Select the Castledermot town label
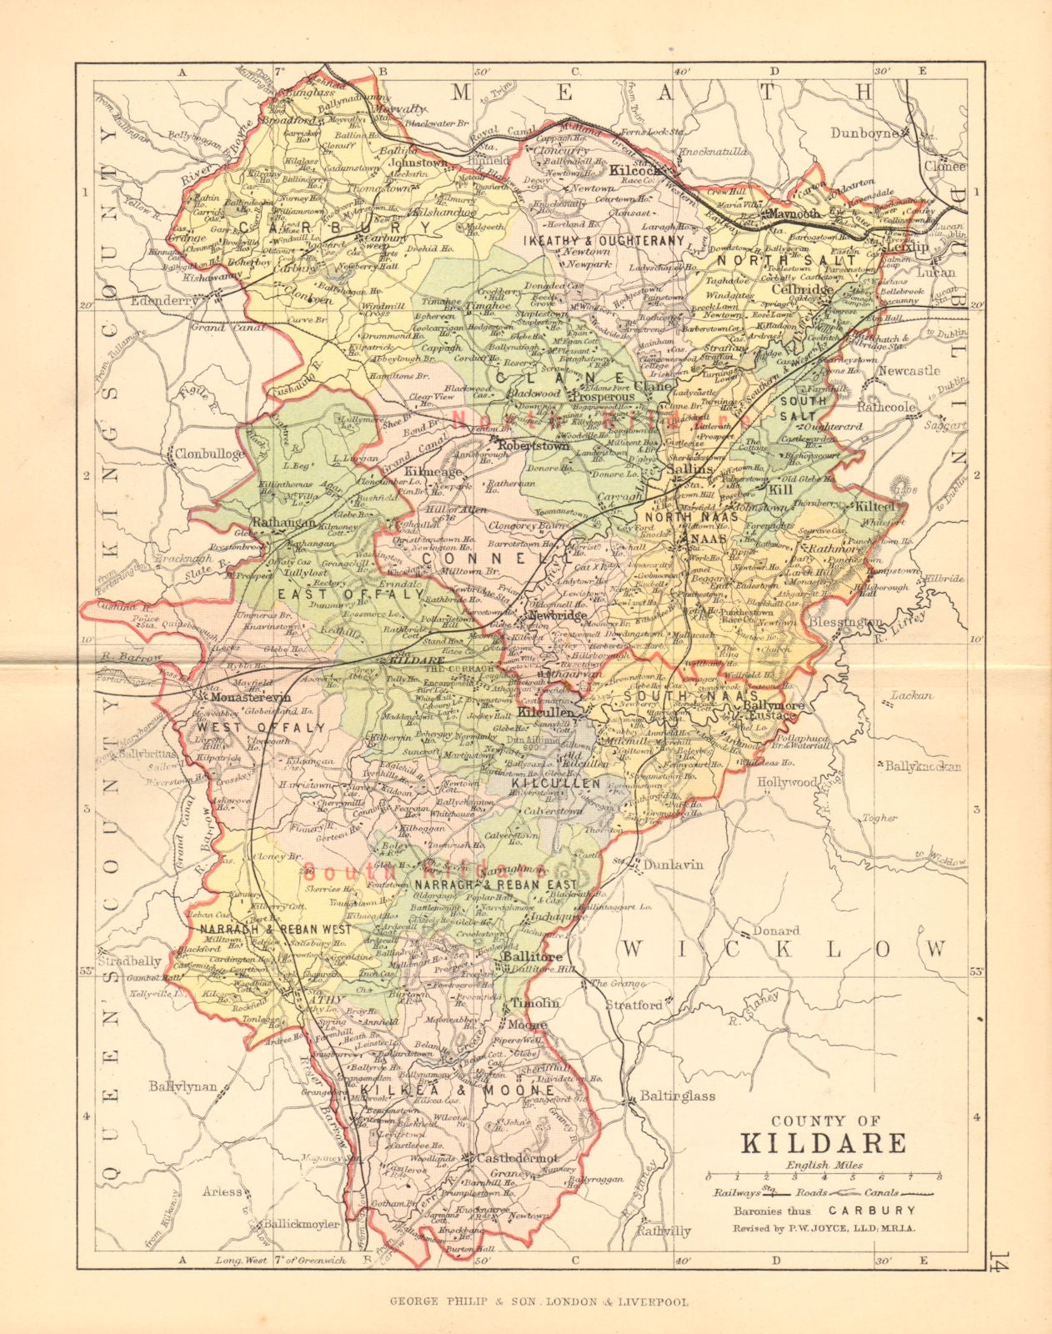(509, 1159)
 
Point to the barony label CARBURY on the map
(335, 228)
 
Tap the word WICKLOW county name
(785, 949)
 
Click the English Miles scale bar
(824, 1176)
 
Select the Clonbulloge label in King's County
(209, 454)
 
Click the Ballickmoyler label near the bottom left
(302, 1225)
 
